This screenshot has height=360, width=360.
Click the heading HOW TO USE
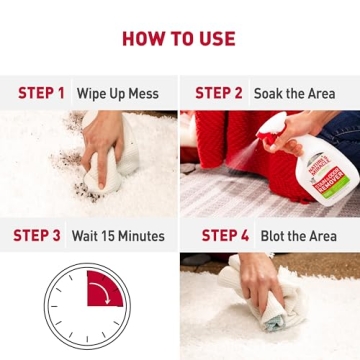tap(179, 39)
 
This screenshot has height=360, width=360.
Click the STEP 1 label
tap(41, 93)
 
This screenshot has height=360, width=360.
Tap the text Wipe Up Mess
tap(118, 94)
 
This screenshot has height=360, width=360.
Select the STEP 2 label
tap(218, 93)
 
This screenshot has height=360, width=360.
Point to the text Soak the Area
tap(294, 94)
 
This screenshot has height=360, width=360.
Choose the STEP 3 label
tap(36, 236)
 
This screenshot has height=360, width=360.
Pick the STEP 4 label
tap(225, 236)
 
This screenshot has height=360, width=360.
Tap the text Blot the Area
tap(297, 236)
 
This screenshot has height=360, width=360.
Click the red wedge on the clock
tap(103, 289)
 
